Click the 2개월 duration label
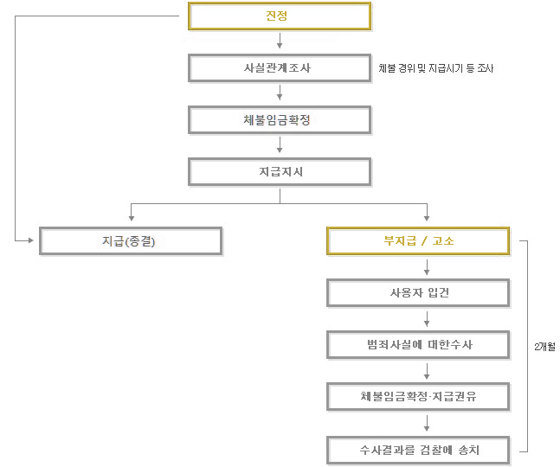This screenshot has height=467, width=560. click(x=544, y=346)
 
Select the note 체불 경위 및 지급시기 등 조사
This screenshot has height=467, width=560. click(x=436, y=68)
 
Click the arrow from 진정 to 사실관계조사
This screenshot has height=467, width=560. click(x=280, y=41)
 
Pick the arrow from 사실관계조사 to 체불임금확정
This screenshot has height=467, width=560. click(x=280, y=93)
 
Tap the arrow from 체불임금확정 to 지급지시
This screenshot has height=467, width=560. click(x=280, y=144)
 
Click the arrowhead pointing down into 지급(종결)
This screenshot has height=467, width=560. click(x=132, y=218)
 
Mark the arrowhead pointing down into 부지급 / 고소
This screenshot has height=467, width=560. click(x=427, y=218)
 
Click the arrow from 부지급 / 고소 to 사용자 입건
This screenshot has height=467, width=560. click(x=427, y=267)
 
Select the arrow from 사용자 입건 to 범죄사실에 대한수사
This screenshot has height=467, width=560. click(x=427, y=319)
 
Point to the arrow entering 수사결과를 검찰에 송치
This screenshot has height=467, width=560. click(x=427, y=423)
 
